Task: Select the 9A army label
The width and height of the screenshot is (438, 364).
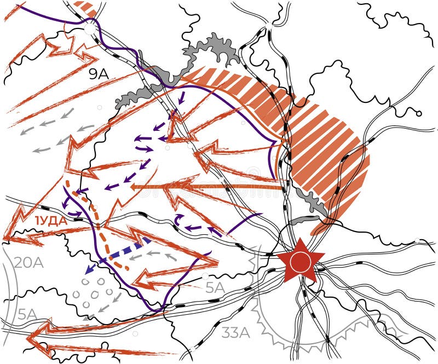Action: click(99, 73)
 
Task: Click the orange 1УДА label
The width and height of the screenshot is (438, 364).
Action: click(51, 221)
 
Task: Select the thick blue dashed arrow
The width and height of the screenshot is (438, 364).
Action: click(118, 255)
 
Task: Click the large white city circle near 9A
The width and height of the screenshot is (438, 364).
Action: click(89, 28)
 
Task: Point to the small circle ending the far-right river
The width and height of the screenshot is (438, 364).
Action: click(419, 114)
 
